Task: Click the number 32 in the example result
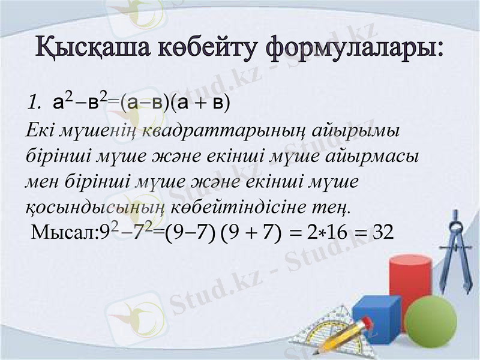pos(383,230)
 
